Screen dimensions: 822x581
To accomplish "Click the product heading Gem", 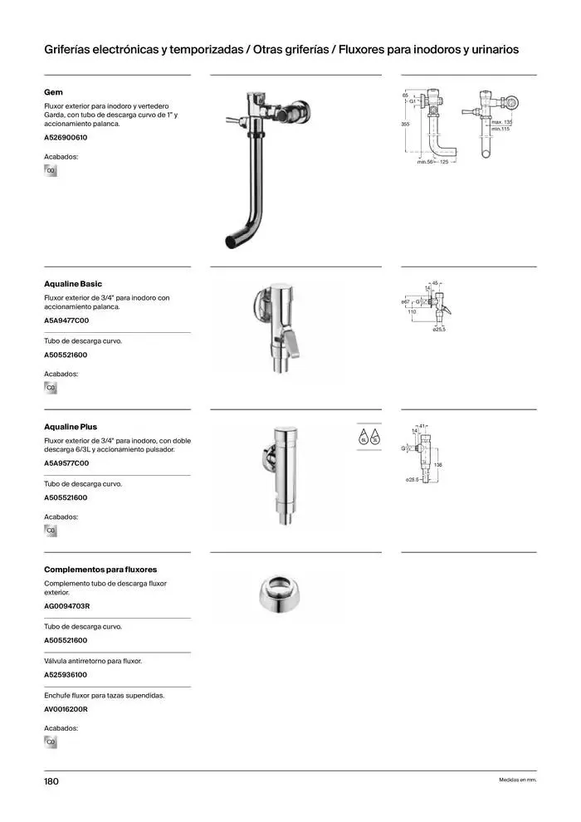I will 53,92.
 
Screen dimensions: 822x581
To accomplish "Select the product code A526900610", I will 66,137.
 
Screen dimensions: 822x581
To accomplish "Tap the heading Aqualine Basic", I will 73,284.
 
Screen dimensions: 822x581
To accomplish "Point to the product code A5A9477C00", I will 66,320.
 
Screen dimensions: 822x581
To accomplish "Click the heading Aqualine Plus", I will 71,427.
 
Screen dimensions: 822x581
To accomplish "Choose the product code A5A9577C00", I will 66,463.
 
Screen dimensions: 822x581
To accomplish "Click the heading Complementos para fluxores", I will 100,570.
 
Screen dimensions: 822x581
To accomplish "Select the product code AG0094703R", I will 66,606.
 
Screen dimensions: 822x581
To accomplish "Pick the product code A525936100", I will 66,675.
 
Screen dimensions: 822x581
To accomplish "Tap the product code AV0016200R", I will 66,710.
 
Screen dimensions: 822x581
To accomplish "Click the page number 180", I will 51,781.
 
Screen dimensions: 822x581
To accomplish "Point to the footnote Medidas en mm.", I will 517,780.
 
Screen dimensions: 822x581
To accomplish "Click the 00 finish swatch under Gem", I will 51,171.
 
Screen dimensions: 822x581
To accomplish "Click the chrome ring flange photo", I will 278,592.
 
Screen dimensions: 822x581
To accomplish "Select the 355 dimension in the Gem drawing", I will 406,124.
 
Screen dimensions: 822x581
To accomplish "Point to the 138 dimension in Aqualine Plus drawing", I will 438,465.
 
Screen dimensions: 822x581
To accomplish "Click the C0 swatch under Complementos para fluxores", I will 51,742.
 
